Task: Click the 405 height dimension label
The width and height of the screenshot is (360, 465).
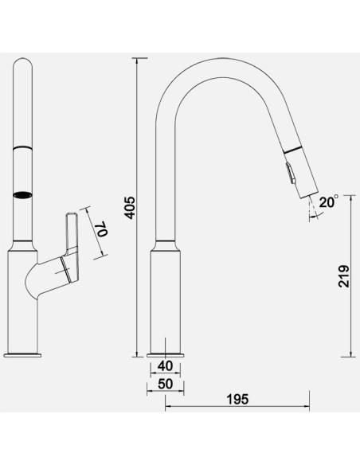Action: pos(130,207)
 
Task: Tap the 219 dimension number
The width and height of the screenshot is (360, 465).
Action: pos(344,276)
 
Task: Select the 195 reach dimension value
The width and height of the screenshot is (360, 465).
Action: pos(237,399)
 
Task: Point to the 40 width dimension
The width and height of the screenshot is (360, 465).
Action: pos(165,366)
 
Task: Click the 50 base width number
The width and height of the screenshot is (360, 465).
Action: pos(165,384)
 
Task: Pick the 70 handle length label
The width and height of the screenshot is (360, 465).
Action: pos(102,229)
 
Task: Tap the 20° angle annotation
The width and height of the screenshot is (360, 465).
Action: pos(329,202)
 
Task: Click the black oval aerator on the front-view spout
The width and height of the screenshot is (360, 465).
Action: pos(22,195)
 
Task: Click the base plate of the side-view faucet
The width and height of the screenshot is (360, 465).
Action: pos(22,355)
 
